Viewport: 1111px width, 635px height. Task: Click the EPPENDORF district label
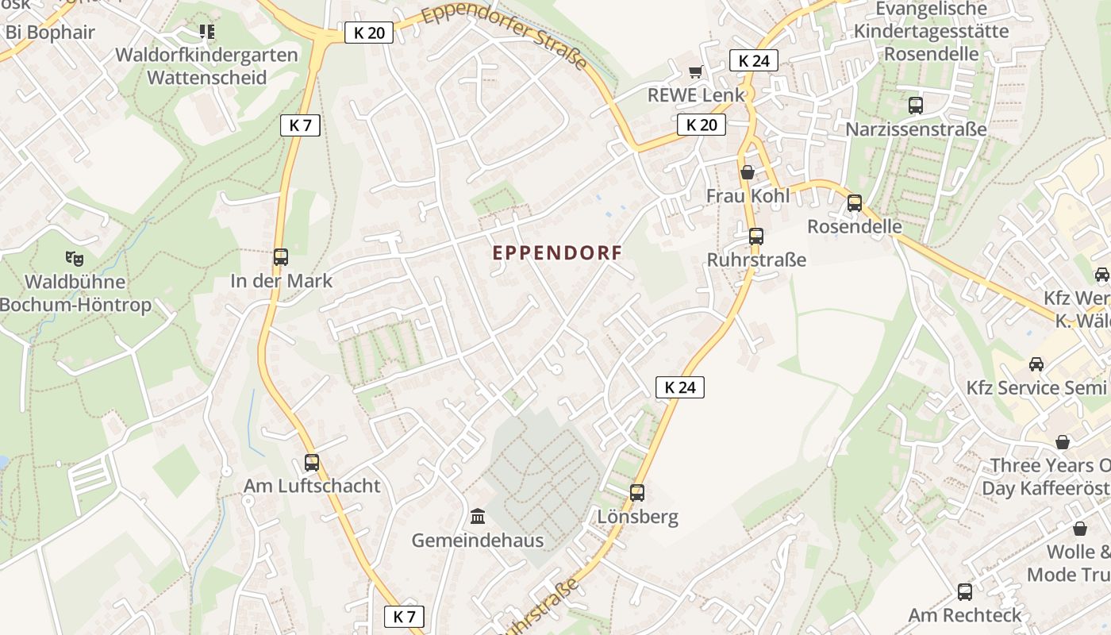pos(557,252)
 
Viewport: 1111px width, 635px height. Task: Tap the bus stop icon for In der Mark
pos(281,257)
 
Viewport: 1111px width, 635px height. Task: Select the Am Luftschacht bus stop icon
pos(312,463)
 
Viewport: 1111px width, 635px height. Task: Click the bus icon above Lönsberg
pos(637,493)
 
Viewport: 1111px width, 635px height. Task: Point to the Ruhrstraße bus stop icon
pos(756,237)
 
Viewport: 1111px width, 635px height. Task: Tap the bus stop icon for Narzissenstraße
pos(916,106)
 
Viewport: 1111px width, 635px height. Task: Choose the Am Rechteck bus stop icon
pos(965,592)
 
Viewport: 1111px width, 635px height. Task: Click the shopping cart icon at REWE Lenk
pos(696,72)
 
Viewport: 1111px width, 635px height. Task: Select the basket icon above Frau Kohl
pos(748,172)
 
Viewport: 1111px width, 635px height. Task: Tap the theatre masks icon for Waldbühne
pos(75,258)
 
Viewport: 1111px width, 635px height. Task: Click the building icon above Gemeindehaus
pos(478,518)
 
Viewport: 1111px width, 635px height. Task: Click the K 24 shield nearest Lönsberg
pos(680,387)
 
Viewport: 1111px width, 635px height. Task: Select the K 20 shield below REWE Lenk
pos(702,125)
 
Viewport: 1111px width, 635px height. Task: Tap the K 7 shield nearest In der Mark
pos(300,125)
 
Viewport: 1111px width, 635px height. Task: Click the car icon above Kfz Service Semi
pos(1036,364)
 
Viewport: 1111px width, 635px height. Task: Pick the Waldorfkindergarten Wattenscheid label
pos(206,66)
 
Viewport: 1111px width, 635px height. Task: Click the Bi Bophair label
pos(50,33)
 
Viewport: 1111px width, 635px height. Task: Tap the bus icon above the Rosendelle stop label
pos(855,203)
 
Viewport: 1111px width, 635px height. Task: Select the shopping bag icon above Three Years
pos(1062,442)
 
